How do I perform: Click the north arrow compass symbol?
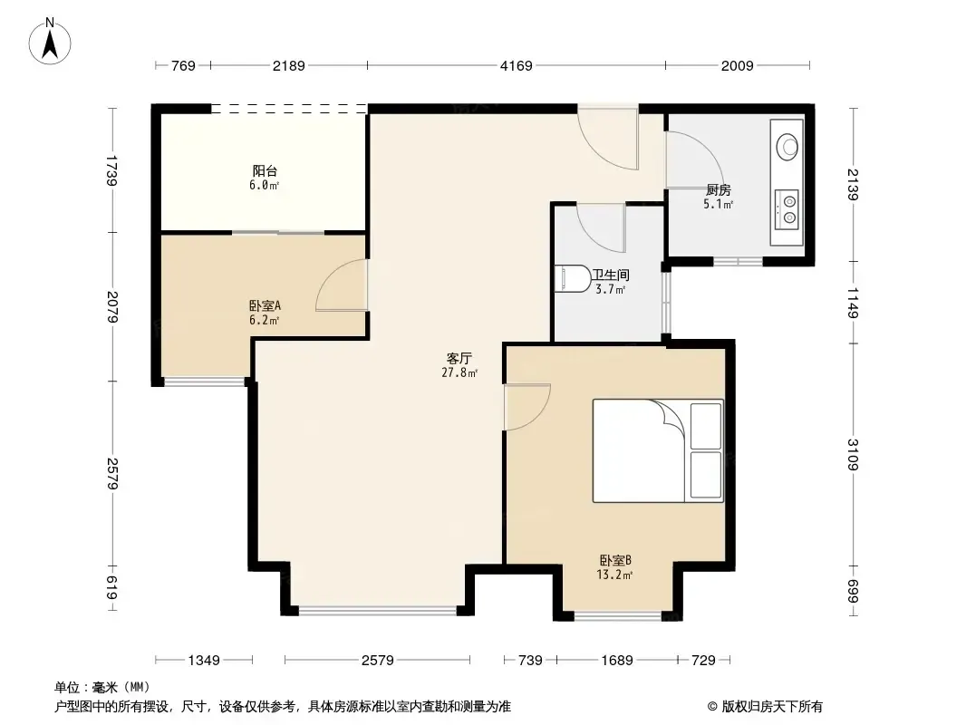(x=50, y=42)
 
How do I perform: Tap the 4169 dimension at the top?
(x=516, y=65)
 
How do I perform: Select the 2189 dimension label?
(x=289, y=65)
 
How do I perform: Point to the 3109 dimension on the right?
(x=853, y=455)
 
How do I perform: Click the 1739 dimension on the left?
(x=111, y=170)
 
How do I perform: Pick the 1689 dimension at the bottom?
(x=617, y=661)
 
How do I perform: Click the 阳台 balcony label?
(x=265, y=170)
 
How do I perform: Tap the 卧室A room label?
(x=265, y=305)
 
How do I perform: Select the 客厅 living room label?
(x=459, y=358)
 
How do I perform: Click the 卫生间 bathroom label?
(x=611, y=275)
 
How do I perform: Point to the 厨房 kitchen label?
(x=719, y=189)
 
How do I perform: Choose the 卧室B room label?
(x=615, y=561)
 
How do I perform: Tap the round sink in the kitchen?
(x=787, y=147)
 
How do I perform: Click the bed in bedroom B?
(x=658, y=451)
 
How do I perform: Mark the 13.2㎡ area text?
(x=614, y=575)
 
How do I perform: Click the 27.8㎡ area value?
(x=459, y=372)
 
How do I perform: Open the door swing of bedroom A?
(x=341, y=285)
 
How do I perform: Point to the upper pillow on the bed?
(x=705, y=426)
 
